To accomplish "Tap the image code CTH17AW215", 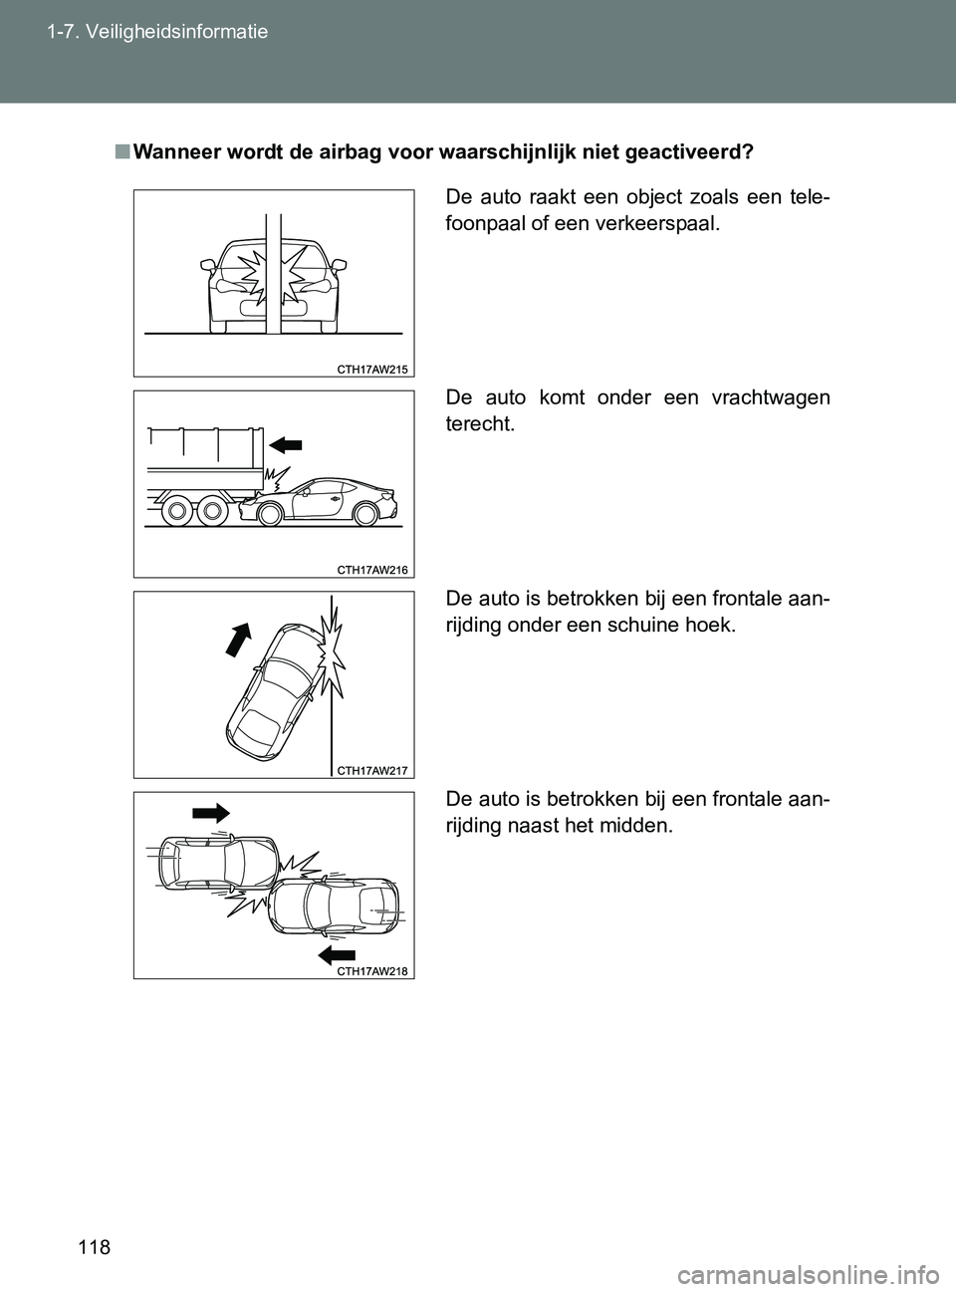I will pos(372,369).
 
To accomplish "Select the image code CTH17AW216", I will pos(372,569).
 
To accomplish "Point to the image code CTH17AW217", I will pos(372,770).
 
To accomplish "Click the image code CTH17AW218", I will pos(372,971).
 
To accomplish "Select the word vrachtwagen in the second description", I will pos(771,397).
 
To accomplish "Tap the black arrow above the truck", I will pos(284,443).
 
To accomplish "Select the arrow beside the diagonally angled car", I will pos(240,636).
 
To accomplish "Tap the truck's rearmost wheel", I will pos(211,512).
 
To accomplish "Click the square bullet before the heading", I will pos(119,152).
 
